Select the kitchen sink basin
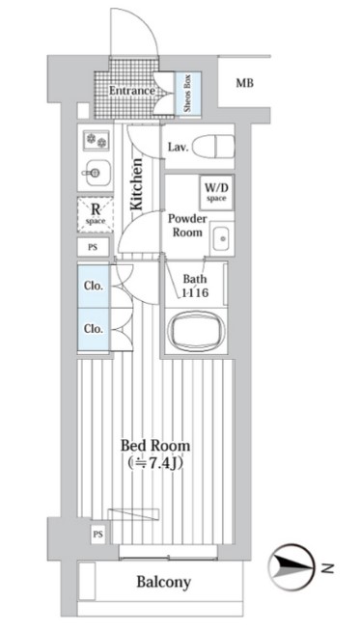click(96, 173)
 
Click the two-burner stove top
click(97, 140)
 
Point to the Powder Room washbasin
click(221, 238)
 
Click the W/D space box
click(216, 192)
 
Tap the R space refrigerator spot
click(95, 214)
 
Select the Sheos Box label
click(187, 94)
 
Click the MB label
click(245, 83)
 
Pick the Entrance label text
click(132, 91)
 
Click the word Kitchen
click(137, 184)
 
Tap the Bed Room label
click(155, 446)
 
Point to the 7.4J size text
click(155, 463)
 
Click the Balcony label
click(163, 582)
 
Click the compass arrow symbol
click(291, 567)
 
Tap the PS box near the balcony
click(97, 535)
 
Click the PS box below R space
click(93, 247)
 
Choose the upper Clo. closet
click(94, 286)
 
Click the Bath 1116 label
click(195, 286)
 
